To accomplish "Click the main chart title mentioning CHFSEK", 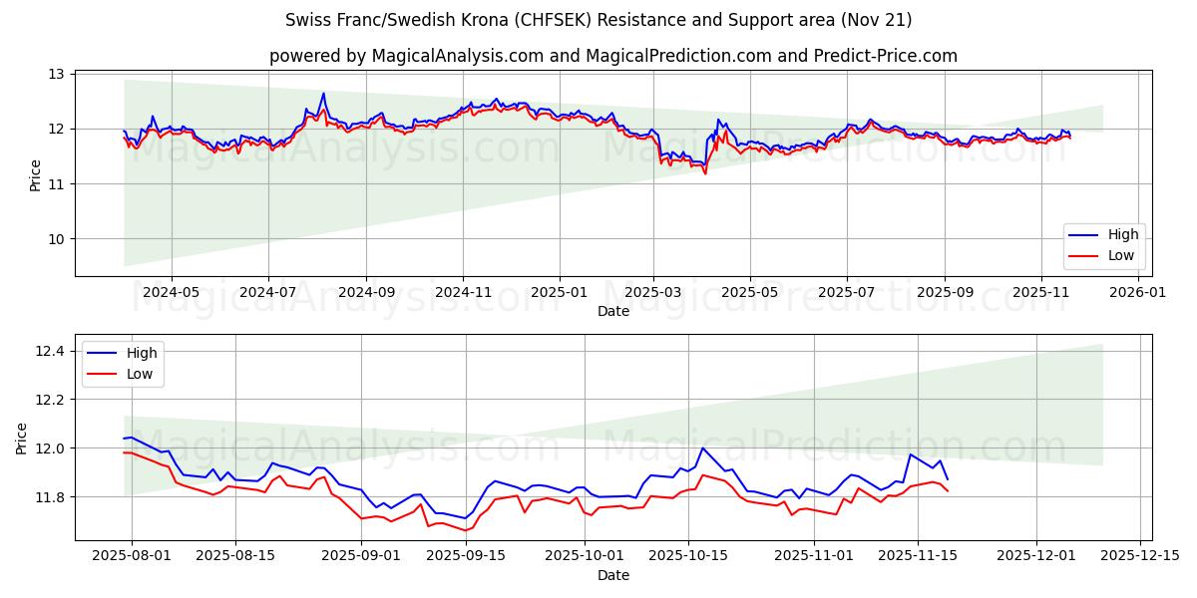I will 598,20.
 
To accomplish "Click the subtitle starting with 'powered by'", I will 612,56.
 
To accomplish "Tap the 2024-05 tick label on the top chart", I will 172,293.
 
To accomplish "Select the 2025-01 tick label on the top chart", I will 559,293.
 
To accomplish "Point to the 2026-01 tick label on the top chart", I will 1137,293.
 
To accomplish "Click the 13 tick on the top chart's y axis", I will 56,74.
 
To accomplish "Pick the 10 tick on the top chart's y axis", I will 56,239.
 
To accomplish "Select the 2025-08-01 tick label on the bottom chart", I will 130,555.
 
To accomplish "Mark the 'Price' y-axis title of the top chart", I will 36,175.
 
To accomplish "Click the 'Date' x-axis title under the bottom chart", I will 612,575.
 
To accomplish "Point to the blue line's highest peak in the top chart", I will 323,94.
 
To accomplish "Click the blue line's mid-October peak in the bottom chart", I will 702,448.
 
